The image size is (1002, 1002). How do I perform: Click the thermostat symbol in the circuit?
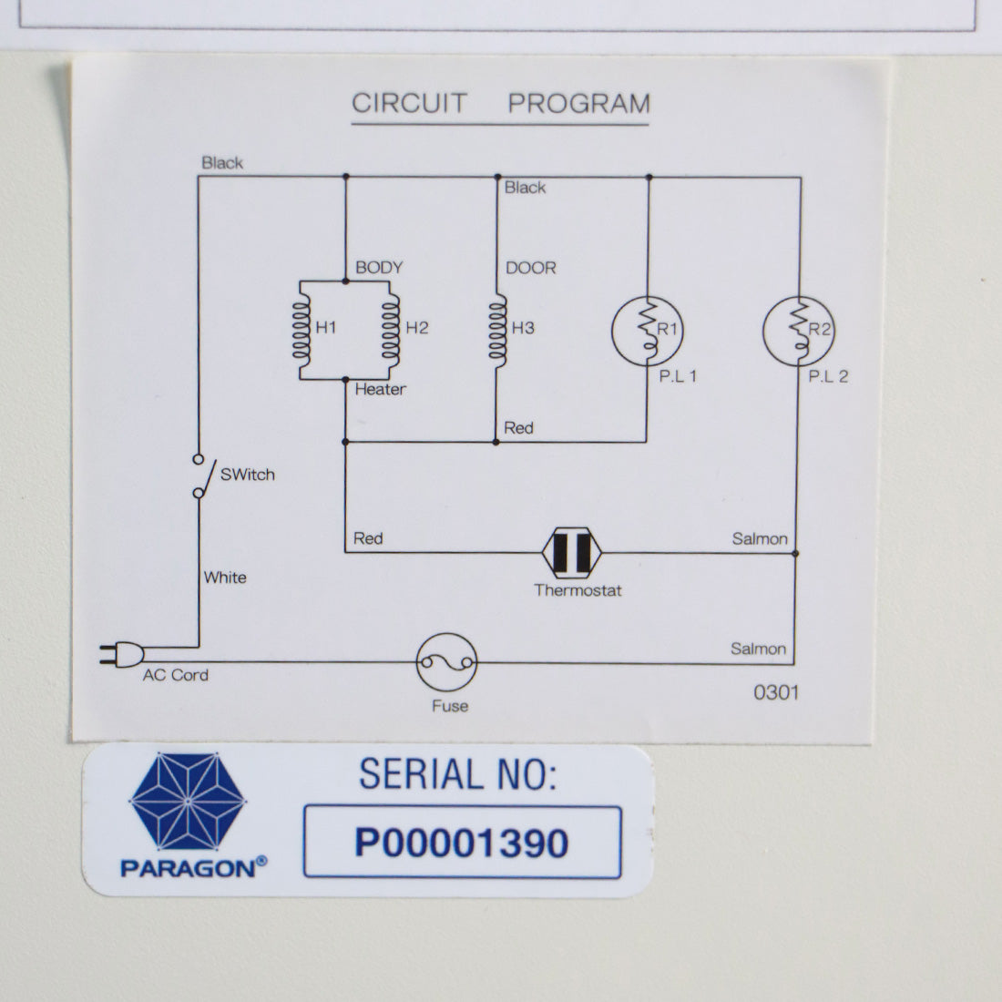pyautogui.click(x=571, y=553)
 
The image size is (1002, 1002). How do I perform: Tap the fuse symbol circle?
pyautogui.click(x=446, y=662)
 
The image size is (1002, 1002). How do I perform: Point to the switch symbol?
pyautogui.click(x=203, y=476)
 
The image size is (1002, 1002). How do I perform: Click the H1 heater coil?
pyautogui.click(x=302, y=331)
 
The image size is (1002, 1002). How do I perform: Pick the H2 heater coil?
pyautogui.click(x=391, y=331)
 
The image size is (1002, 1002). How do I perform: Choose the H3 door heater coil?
pyautogui.click(x=497, y=331)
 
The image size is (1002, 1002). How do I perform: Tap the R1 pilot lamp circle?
pyautogui.click(x=648, y=331)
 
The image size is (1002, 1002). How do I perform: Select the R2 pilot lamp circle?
pyautogui.click(x=799, y=331)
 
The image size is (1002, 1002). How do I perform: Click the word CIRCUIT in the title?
pyautogui.click(x=409, y=104)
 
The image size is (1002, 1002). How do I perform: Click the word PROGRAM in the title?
pyautogui.click(x=579, y=104)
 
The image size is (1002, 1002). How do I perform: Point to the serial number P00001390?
pyautogui.click(x=462, y=843)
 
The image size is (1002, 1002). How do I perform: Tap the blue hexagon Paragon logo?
pyautogui.click(x=188, y=802)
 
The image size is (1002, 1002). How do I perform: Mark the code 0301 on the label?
pyautogui.click(x=776, y=692)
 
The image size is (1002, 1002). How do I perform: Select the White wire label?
pyautogui.click(x=225, y=578)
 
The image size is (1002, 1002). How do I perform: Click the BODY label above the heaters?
pyautogui.click(x=379, y=267)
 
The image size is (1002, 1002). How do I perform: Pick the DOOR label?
pyautogui.click(x=531, y=268)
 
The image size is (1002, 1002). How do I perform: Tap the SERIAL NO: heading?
pyautogui.click(x=457, y=774)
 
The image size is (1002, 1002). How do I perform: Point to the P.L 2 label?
pyautogui.click(x=828, y=376)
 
